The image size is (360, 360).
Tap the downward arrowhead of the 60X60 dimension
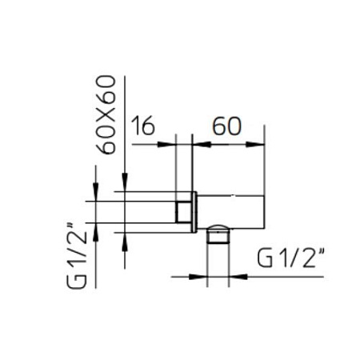tap(125, 186)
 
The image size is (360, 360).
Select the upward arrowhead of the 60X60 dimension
tap(125, 239)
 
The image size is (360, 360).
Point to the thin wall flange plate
tap(194, 211)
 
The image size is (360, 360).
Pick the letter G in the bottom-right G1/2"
tap(267, 258)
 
